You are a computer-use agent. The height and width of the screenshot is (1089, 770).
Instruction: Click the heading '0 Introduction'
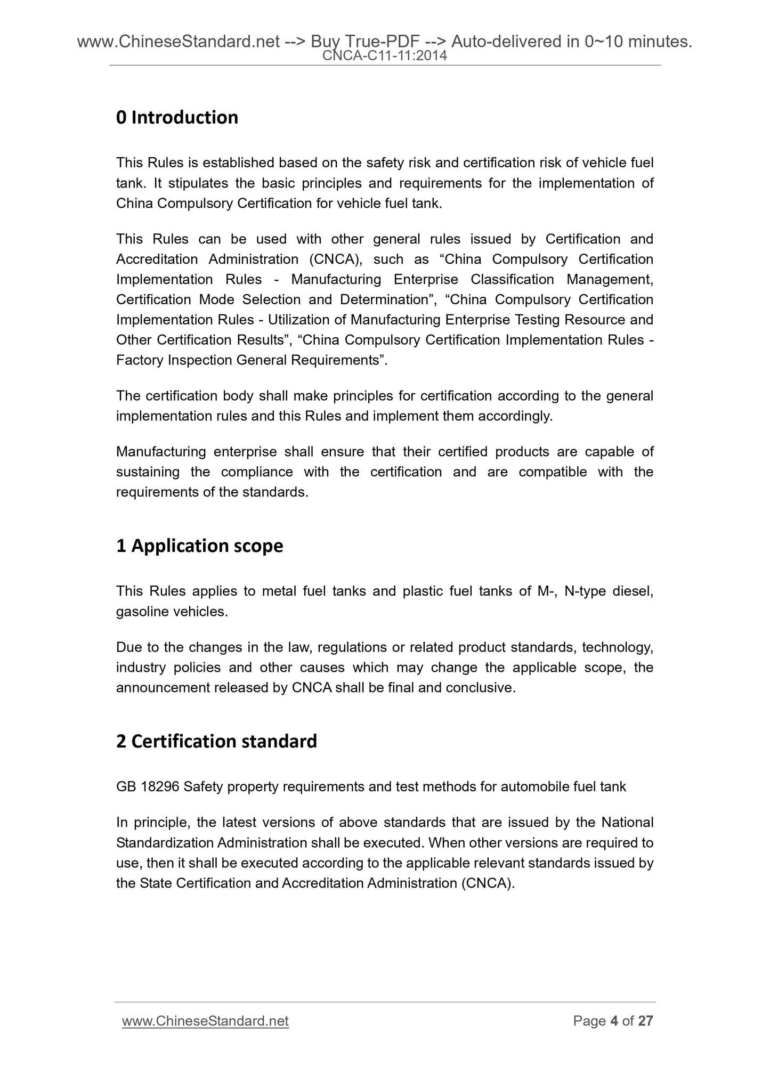[177, 117]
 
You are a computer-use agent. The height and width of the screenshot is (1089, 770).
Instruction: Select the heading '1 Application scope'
[199, 546]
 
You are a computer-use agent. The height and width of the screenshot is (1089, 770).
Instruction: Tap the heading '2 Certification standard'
[216, 742]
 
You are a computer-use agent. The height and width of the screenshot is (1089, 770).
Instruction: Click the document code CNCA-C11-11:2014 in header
[385, 55]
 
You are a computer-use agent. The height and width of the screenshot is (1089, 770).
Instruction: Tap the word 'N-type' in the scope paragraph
[582, 591]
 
